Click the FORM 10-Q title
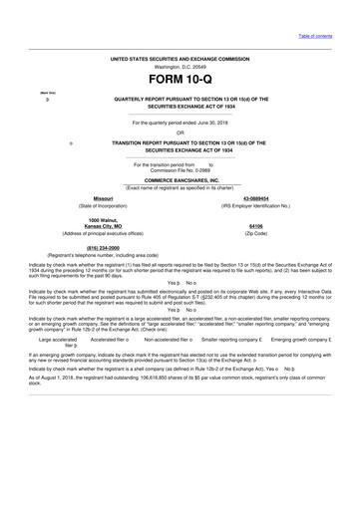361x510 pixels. click(180, 79)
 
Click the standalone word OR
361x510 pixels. click(180, 132)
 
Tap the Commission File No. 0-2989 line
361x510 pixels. click(180, 169)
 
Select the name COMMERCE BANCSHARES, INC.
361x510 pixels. click(180, 180)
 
